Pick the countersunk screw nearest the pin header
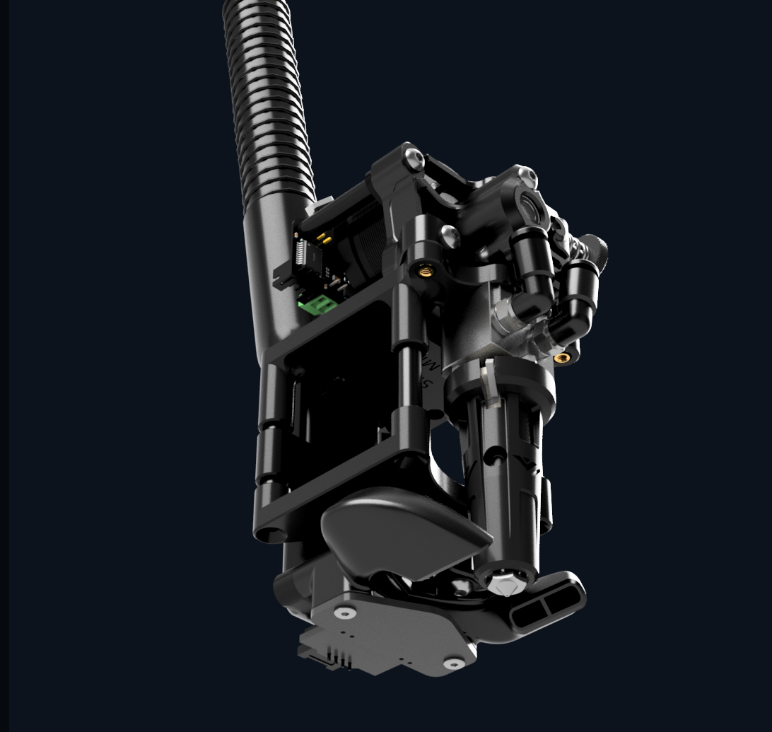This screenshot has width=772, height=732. pos(344,612)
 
